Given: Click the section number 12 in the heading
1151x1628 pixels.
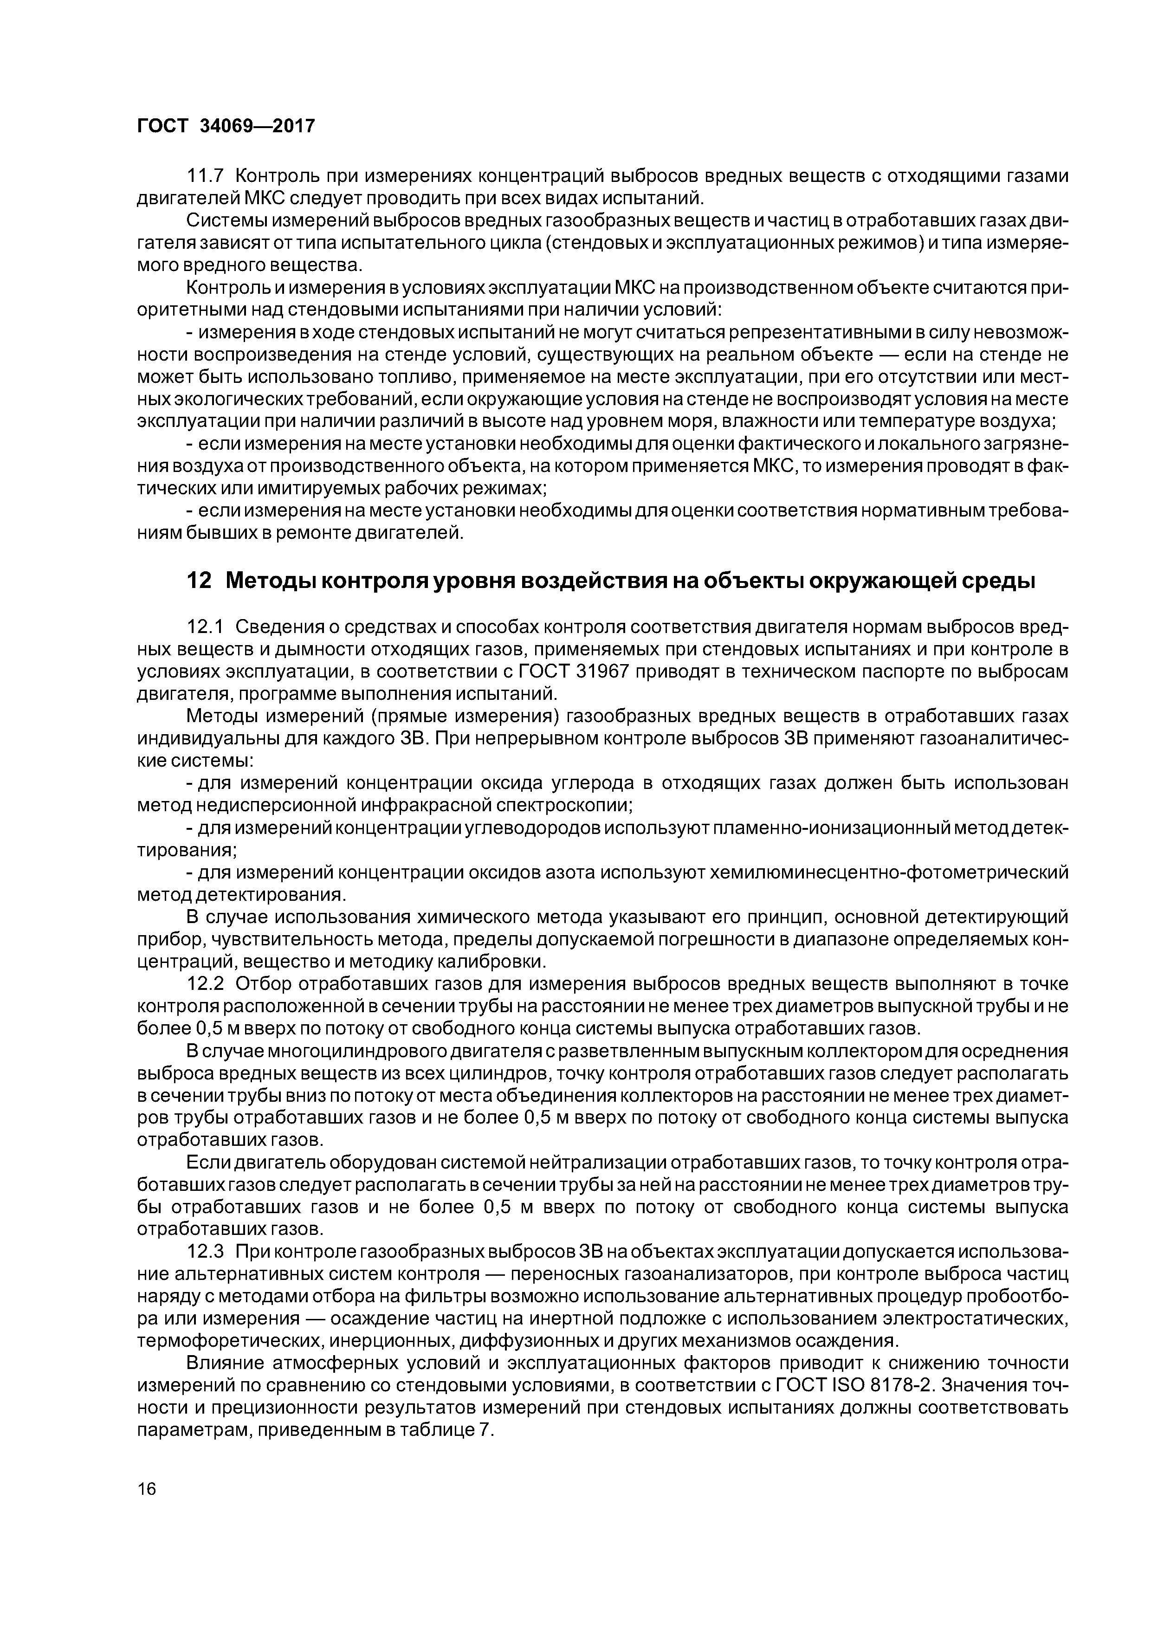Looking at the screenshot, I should (199, 580).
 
